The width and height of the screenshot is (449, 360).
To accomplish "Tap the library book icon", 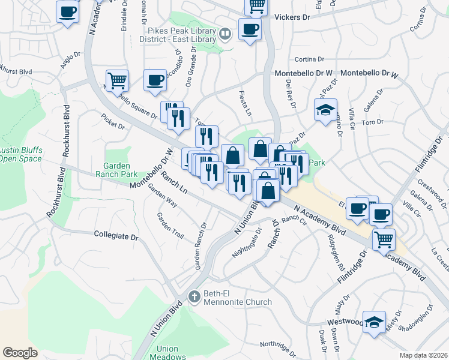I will (x=224, y=34).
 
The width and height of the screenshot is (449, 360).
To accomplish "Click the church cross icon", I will (x=193, y=296).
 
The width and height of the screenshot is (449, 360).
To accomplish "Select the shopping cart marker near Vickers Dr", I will (x=256, y=6).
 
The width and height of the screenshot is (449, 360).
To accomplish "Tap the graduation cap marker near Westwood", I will (x=374, y=322).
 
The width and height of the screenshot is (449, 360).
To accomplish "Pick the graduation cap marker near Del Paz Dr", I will (x=325, y=110).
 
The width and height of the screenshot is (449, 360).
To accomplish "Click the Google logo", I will (x=20, y=353).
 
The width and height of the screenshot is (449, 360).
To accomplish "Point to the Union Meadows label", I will (x=167, y=353).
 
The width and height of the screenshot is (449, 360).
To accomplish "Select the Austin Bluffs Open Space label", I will (x=20, y=154).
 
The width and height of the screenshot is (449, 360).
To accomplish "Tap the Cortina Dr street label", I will (x=309, y=59).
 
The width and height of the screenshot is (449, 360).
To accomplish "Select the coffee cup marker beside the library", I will (x=249, y=28).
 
